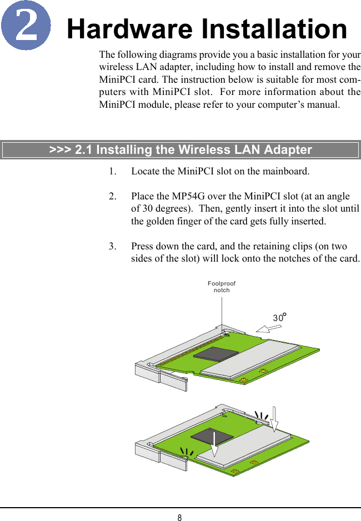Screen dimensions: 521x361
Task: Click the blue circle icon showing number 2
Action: pos(26,26)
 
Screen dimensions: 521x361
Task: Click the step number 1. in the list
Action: pos(113,171)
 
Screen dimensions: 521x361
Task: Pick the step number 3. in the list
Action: pos(113,247)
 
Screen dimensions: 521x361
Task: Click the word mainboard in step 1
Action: pos(282,171)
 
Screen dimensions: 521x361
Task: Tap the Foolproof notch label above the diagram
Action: pos(222,287)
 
